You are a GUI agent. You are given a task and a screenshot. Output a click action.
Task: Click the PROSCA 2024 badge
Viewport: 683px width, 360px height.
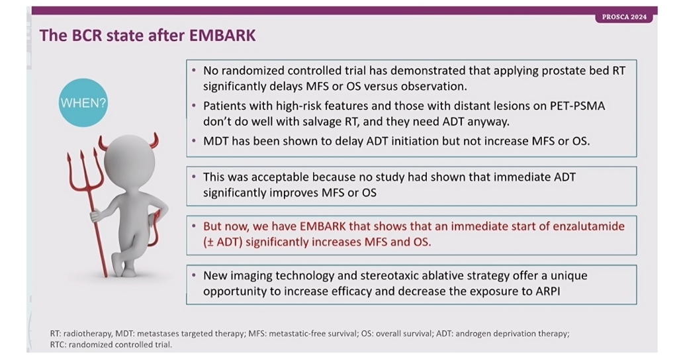point(624,17)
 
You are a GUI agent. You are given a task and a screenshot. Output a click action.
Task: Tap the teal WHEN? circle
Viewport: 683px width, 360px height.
point(83,103)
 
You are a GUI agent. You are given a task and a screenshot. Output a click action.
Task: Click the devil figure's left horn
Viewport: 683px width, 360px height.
point(104,143)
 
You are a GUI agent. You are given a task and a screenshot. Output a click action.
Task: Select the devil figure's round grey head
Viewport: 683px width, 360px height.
point(129,161)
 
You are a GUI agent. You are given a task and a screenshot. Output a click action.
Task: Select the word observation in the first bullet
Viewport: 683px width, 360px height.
point(433,86)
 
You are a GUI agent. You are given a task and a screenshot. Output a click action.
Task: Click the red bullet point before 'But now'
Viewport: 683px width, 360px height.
point(194,226)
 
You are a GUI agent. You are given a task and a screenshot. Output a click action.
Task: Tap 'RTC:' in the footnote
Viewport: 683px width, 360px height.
point(58,345)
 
